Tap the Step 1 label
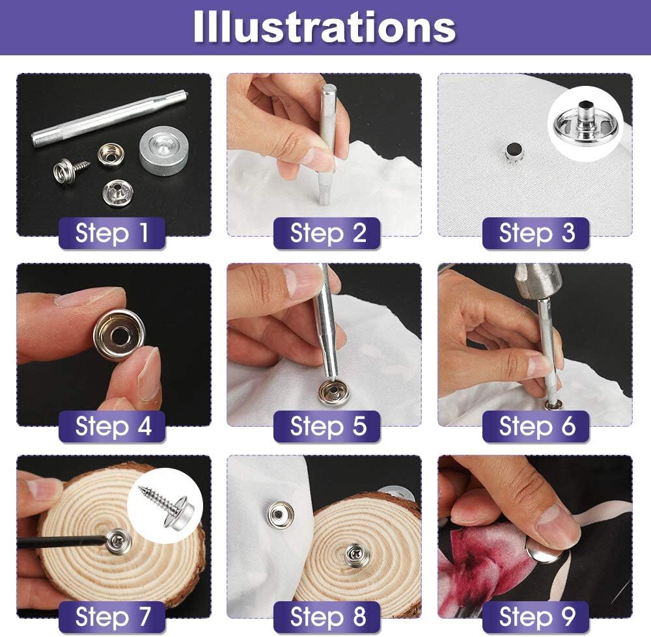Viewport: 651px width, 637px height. pos(112,233)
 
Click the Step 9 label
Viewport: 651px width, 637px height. pos(536,616)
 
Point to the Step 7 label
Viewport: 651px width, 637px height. pos(112,616)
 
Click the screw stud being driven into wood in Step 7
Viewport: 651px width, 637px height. pos(118,539)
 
